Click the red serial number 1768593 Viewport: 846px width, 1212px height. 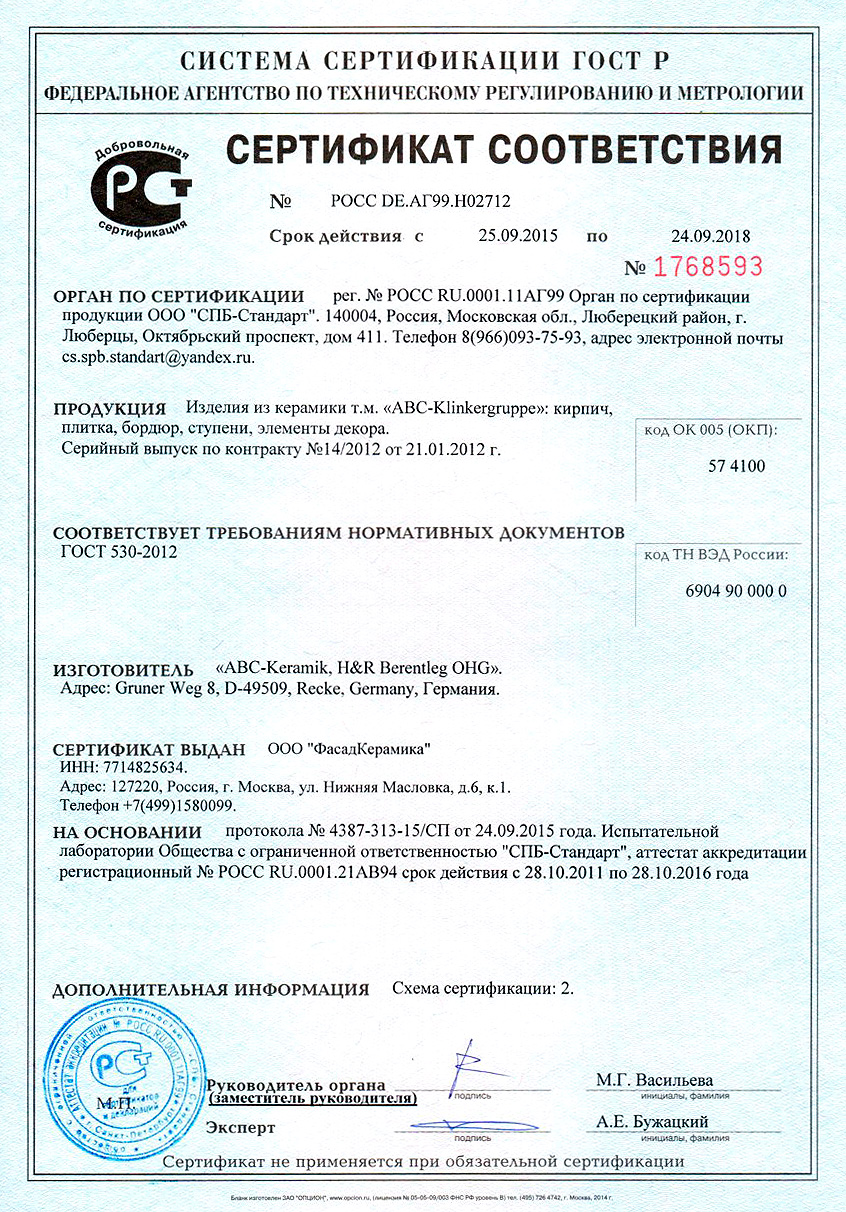click(x=708, y=267)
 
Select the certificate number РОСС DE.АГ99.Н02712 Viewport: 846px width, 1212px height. click(x=420, y=201)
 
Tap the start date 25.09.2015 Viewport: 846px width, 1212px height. click(x=518, y=237)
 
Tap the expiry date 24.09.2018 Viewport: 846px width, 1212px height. click(x=710, y=237)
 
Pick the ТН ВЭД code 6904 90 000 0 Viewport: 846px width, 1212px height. click(x=736, y=590)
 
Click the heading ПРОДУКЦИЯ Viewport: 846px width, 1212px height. click(x=109, y=409)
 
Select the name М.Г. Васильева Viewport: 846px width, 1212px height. click(x=654, y=1080)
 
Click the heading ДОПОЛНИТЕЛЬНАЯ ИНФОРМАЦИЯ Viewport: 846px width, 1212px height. click(x=210, y=990)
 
